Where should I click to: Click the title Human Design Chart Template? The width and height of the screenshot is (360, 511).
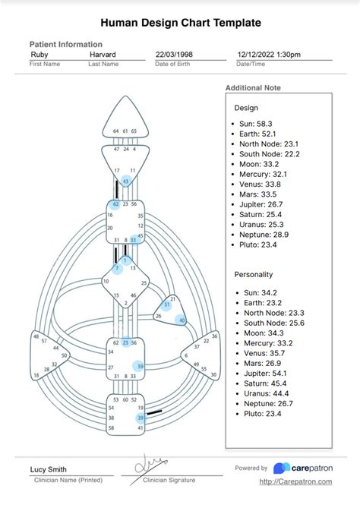coord(180,23)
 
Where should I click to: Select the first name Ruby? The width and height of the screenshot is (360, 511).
coord(39,55)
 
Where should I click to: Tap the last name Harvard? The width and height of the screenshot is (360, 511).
coord(103,55)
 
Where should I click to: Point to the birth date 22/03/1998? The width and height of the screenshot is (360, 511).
coord(175,55)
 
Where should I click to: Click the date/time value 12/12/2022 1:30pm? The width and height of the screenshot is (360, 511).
coord(268,55)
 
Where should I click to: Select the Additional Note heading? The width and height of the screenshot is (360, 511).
coord(253,88)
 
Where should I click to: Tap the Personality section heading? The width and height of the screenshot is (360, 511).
coord(254,274)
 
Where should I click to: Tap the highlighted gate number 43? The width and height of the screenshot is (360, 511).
coord(126,181)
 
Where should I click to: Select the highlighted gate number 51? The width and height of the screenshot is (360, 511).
coord(167,304)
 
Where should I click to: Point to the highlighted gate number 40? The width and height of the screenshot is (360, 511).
coord(181,320)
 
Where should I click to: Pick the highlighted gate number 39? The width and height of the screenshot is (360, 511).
coord(141,418)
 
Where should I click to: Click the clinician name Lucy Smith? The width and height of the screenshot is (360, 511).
coord(49,469)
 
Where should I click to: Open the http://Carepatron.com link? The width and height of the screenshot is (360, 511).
coord(297,481)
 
